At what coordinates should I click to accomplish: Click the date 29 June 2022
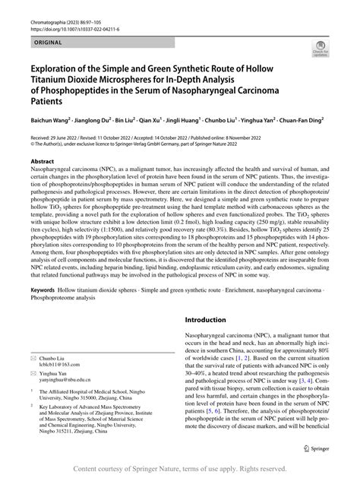click(x=68, y=135)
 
